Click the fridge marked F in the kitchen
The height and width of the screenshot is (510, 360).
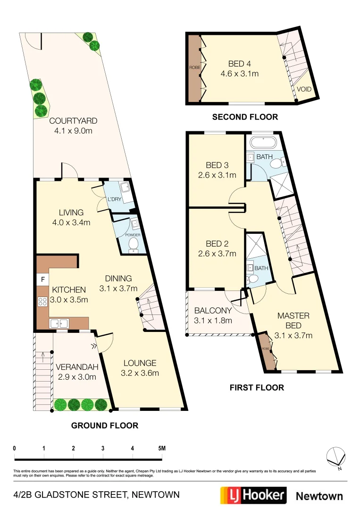click(42, 280)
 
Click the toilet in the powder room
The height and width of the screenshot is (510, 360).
click(134, 244)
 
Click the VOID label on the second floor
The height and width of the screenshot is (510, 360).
click(304, 89)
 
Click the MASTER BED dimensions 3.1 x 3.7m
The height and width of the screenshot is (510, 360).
click(293, 336)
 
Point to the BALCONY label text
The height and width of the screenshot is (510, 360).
click(213, 310)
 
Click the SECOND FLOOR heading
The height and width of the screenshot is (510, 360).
click(245, 117)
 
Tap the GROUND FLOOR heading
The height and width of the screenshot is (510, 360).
click(104, 425)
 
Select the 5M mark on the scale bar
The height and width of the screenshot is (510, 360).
click(161, 448)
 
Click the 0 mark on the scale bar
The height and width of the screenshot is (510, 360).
click(15, 448)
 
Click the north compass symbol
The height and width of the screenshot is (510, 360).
click(336, 457)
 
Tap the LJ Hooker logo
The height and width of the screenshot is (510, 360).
click(253, 495)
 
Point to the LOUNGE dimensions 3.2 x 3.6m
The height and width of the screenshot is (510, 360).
click(140, 373)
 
